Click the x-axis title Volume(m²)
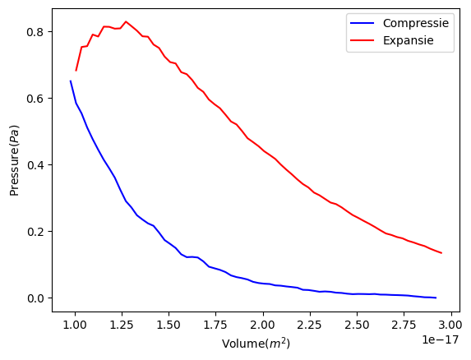tap(256, 343)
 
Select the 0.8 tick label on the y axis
tap(35, 31)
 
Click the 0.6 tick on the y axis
tap(35, 98)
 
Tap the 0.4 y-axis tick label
tap(35, 164)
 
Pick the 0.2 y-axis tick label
tap(35, 231)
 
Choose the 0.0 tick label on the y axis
tap(35, 298)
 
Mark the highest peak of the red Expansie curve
tap(126, 21)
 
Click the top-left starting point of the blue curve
tap(71, 81)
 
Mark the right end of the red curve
tap(441, 253)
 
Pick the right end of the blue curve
tap(436, 298)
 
